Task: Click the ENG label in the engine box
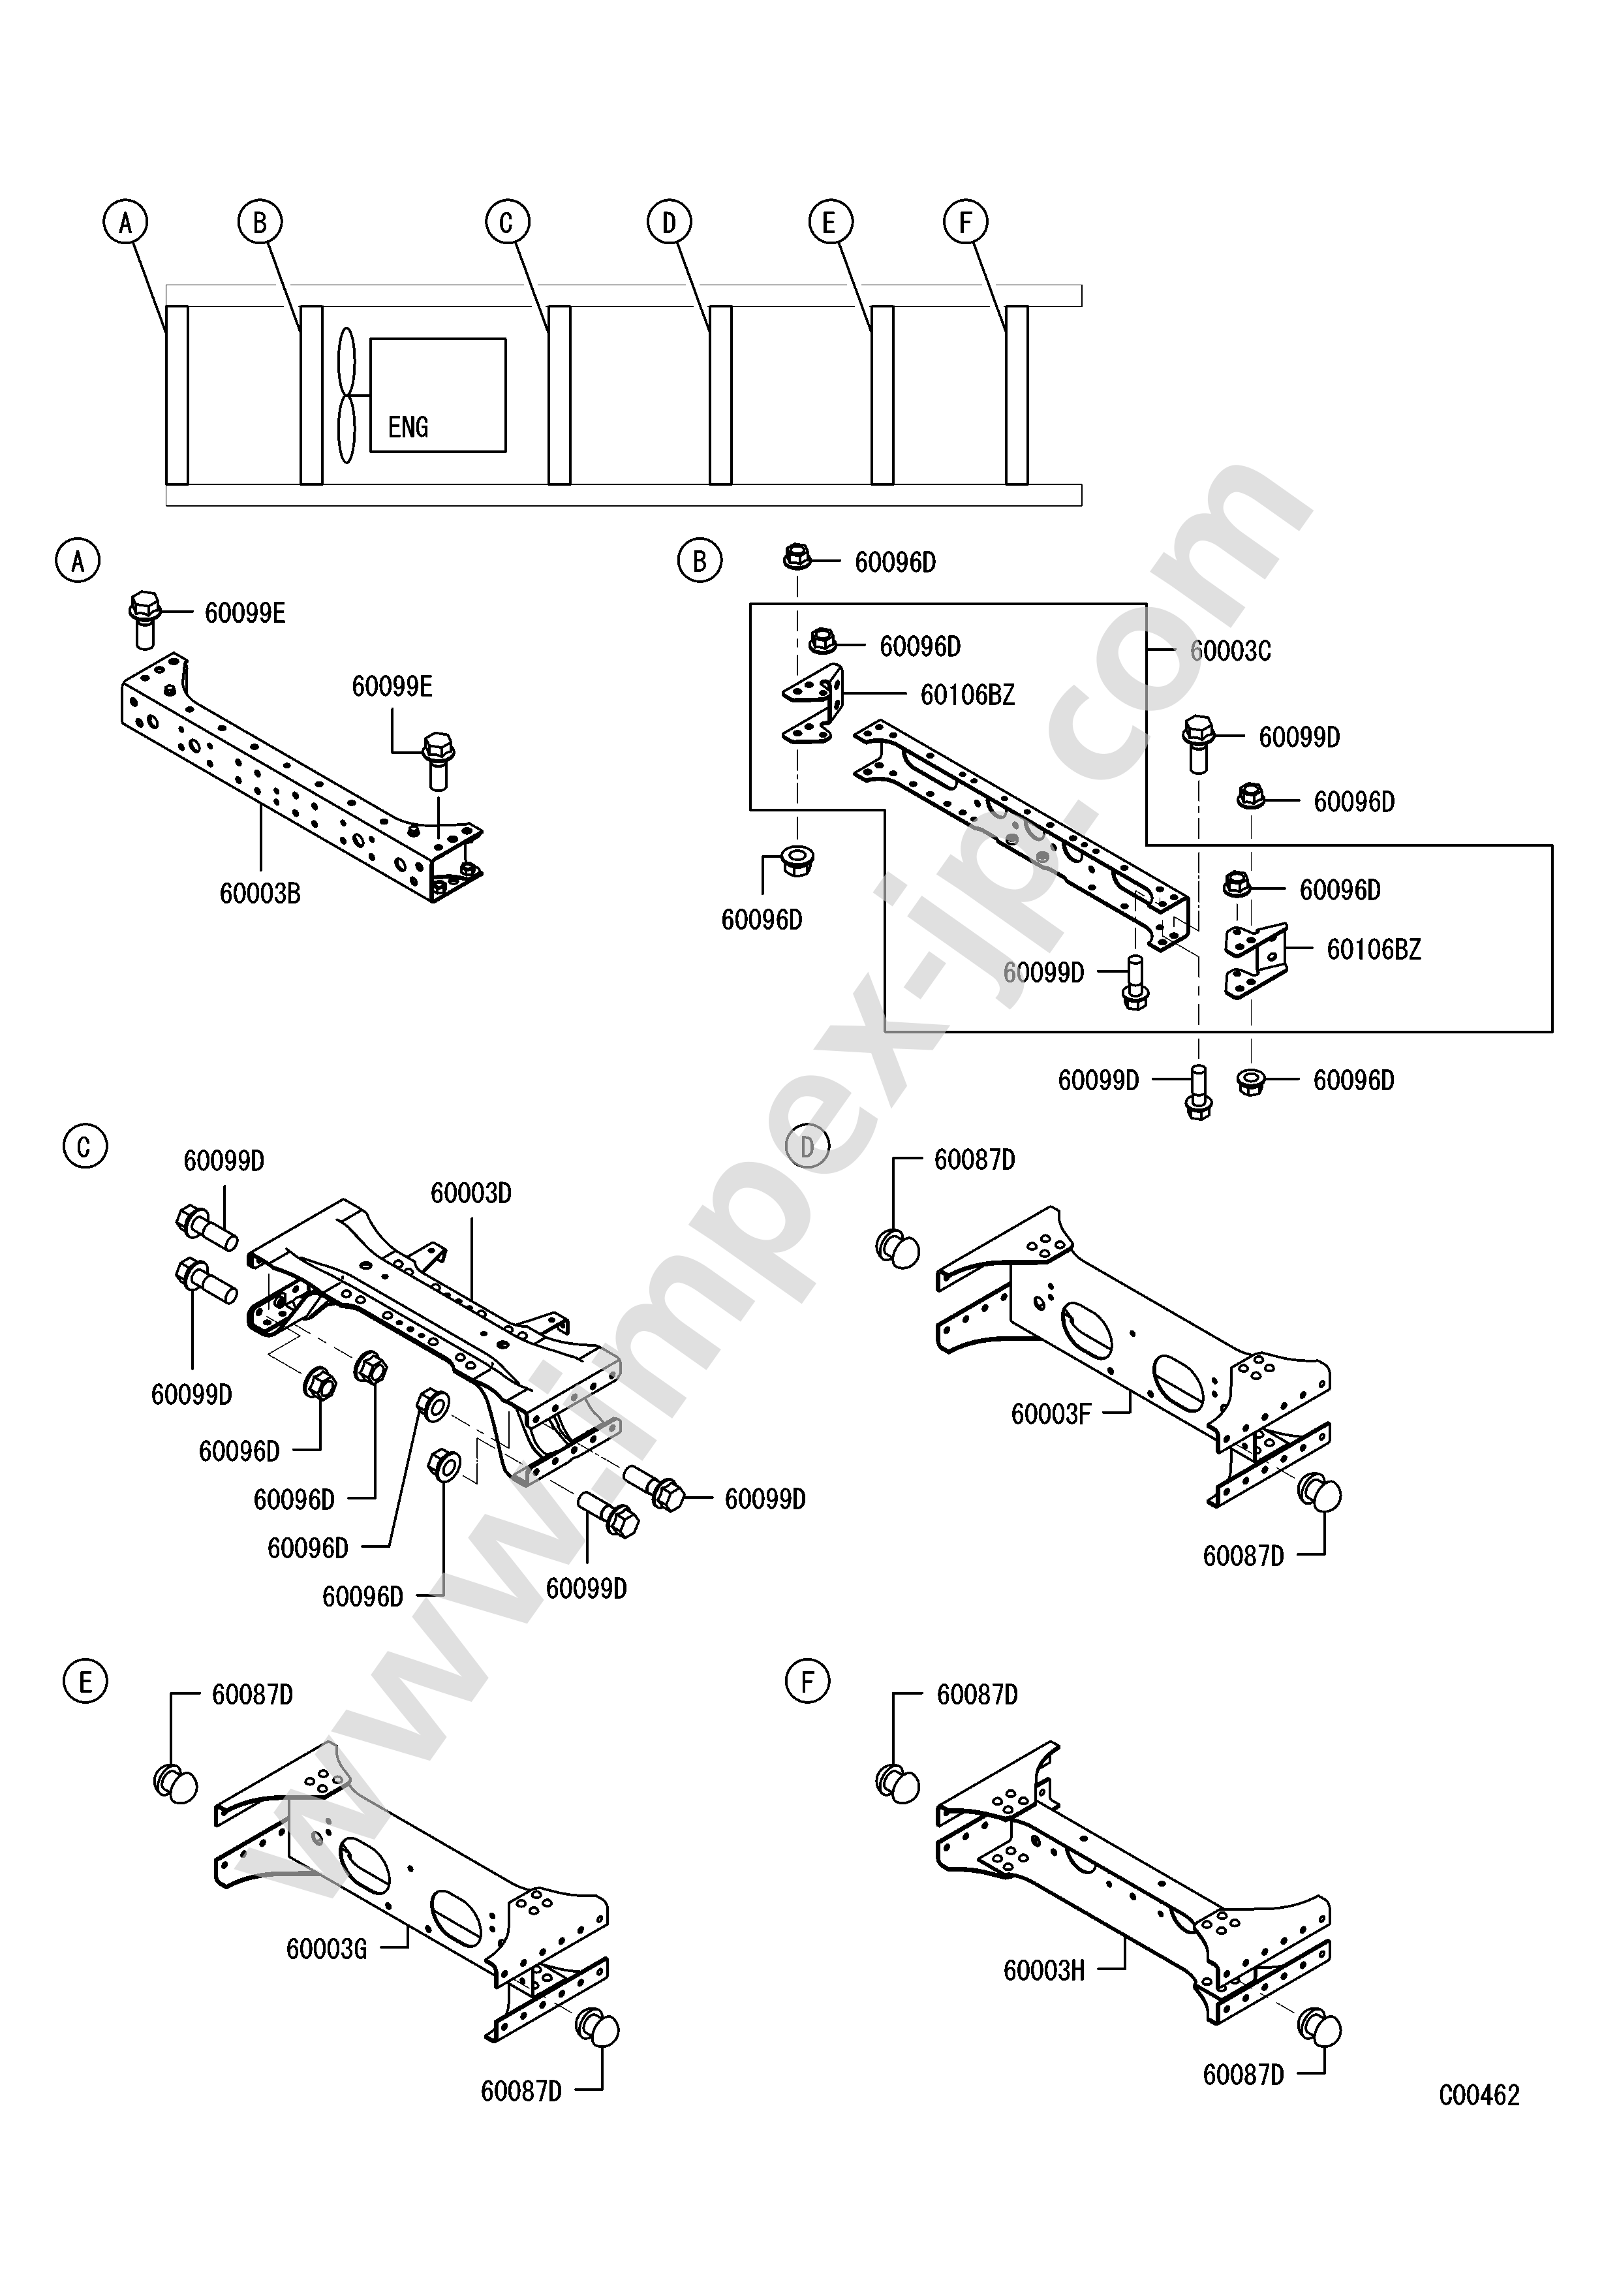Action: click(408, 427)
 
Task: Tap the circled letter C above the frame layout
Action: click(506, 223)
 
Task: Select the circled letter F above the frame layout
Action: click(965, 223)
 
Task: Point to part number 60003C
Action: click(1230, 651)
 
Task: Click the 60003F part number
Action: click(1052, 1415)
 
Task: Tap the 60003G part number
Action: click(327, 1949)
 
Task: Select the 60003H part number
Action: click(1044, 1970)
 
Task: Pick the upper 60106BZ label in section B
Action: click(967, 695)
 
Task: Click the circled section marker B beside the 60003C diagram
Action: click(699, 561)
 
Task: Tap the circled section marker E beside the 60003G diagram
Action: click(85, 1684)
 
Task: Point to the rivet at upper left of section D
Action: click(898, 1249)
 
